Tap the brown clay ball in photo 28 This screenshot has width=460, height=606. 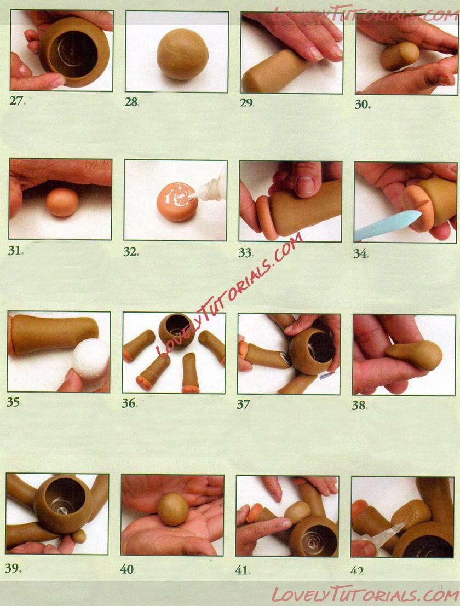click(x=182, y=54)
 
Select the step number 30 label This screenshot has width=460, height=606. click(x=362, y=105)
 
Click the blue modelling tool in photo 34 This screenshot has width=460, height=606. click(x=387, y=225)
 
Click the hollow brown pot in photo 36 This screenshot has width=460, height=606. click(x=177, y=331)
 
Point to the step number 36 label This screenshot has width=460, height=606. click(x=129, y=403)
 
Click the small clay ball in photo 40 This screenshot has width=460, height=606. click(x=173, y=509)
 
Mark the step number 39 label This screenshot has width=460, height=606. click(x=13, y=568)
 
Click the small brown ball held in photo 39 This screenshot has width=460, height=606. click(x=79, y=536)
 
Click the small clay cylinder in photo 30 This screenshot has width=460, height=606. click(x=400, y=56)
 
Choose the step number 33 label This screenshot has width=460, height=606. click(x=245, y=252)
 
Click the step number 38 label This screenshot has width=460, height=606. click(x=359, y=405)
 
